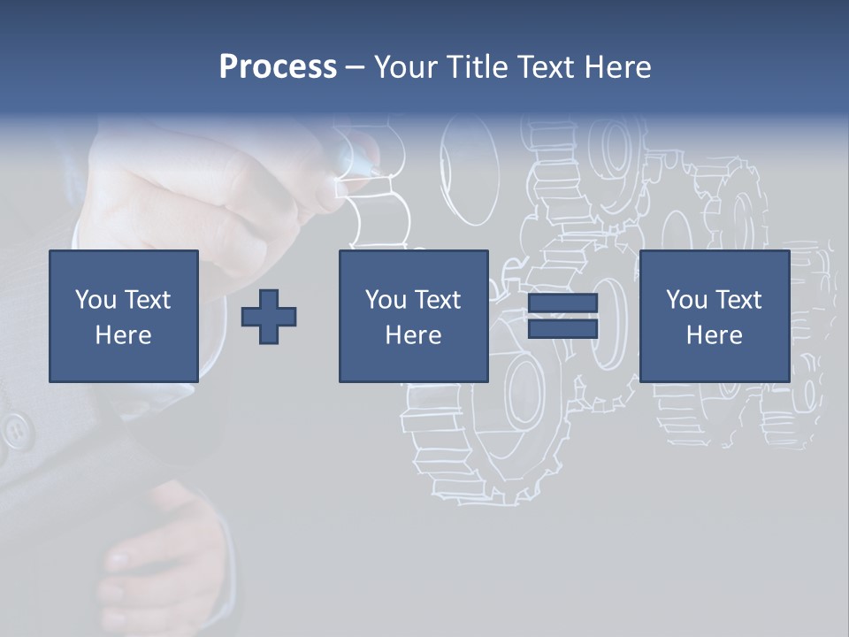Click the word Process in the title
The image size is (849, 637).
tap(278, 67)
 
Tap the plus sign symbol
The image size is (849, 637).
tap(269, 316)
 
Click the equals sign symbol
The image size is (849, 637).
tap(562, 316)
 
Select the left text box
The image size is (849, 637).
tap(123, 316)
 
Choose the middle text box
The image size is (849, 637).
tap(413, 316)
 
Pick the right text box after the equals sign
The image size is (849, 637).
tap(714, 316)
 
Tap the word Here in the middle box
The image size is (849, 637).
tap(413, 335)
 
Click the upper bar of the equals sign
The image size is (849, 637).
tap(562, 303)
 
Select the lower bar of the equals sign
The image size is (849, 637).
tap(562, 328)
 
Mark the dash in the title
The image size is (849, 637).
tap(356, 67)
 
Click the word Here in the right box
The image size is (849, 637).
tap(714, 335)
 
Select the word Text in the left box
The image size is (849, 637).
tap(147, 300)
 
